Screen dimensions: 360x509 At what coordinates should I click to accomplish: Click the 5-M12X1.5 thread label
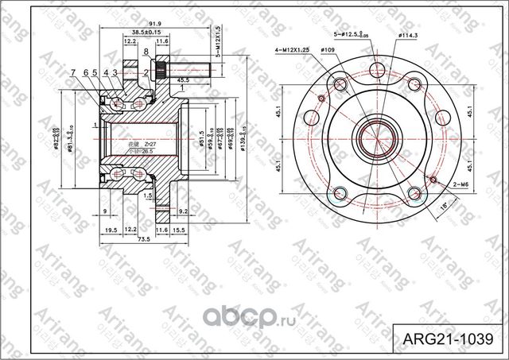pyautogui.click(x=218, y=39)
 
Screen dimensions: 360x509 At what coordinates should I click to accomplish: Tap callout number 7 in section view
pyautogui.click(x=72, y=73)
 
